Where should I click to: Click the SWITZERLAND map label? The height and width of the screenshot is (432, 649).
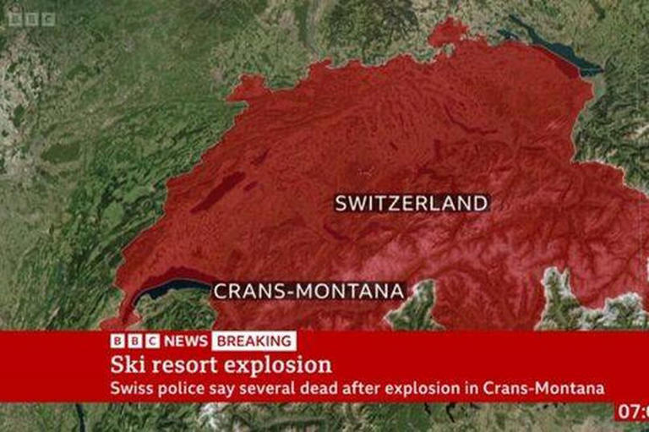click(x=411, y=203)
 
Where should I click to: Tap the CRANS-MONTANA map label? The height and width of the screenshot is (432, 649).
click(x=308, y=291)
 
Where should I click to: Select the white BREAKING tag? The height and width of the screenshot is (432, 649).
click(x=254, y=341)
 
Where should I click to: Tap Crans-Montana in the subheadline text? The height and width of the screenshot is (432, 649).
click(x=544, y=389)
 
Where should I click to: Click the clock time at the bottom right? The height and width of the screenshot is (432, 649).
click(x=631, y=413)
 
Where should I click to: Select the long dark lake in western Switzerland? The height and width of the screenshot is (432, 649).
click(x=218, y=192)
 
